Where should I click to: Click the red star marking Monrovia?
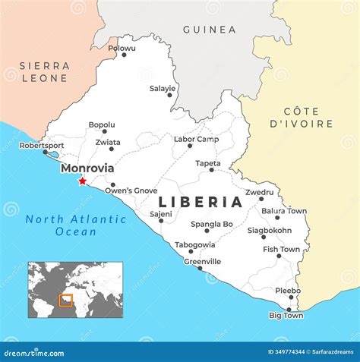(x=82, y=181)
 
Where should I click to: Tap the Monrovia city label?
(x=87, y=168)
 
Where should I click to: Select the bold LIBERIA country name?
(x=201, y=202)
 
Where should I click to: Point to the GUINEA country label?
(x=209, y=30)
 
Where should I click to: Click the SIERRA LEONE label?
(x=45, y=72)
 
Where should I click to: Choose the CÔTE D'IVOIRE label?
(x=301, y=118)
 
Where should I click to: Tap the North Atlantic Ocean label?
(x=75, y=225)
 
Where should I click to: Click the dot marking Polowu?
(x=124, y=55)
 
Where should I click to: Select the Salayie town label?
(x=162, y=88)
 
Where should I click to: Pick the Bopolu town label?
(x=102, y=124)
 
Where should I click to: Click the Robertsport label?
(x=42, y=145)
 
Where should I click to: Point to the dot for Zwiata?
(x=111, y=149)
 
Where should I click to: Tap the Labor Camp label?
(x=196, y=139)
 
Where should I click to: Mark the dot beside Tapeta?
(x=212, y=169)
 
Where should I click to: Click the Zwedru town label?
(x=259, y=192)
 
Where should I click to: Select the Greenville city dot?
(x=200, y=268)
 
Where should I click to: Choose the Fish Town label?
(x=281, y=249)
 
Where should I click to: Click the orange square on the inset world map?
(x=65, y=301)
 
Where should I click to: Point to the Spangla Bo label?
(x=212, y=224)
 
